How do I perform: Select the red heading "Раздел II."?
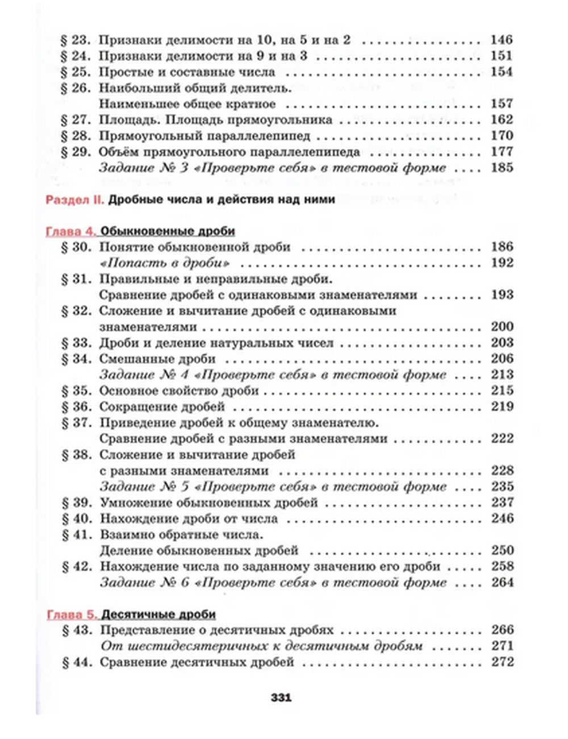[x=74, y=200]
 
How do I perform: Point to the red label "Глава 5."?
[x=71, y=615]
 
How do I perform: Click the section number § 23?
[x=76, y=40]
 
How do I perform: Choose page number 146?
[x=501, y=40]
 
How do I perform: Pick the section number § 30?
[x=76, y=247]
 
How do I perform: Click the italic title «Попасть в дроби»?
[x=165, y=263]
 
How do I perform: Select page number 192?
[x=501, y=263]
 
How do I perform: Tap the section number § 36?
[x=76, y=407]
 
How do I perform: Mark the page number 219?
[x=501, y=407]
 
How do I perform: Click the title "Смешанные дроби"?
[x=157, y=359]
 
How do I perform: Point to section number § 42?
[x=76, y=567]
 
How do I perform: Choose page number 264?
[x=501, y=583]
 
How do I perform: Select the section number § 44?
[x=76, y=662]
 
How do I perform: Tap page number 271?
[x=501, y=646]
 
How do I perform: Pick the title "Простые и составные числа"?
[x=187, y=72]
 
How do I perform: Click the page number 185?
[x=501, y=168]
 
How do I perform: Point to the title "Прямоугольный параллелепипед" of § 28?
[x=204, y=136]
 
